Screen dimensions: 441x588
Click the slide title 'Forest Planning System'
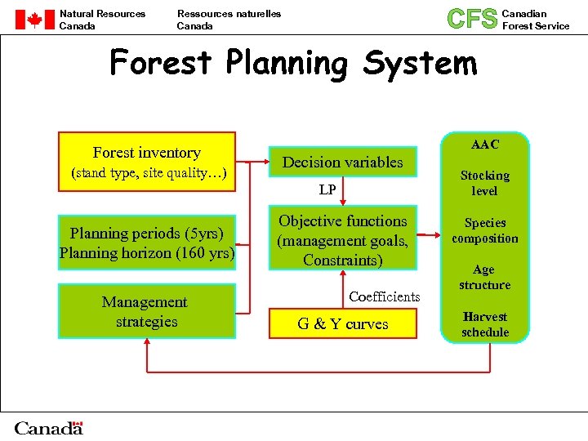(x=293, y=63)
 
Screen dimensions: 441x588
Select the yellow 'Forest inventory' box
(x=147, y=162)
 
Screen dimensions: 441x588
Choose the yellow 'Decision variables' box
(x=342, y=162)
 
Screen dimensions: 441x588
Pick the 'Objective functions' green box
(x=342, y=240)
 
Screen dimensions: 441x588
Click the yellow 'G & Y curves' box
(x=342, y=324)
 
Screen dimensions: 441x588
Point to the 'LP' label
(x=327, y=190)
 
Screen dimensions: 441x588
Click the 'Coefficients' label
(x=384, y=296)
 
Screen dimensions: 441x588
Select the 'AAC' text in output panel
(x=484, y=145)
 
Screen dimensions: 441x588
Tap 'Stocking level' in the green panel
(x=484, y=183)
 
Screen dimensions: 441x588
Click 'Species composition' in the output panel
(x=484, y=230)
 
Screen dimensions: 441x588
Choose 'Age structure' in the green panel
(x=484, y=277)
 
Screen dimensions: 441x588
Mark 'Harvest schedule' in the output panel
(x=484, y=324)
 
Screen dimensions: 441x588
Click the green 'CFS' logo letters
(x=472, y=19)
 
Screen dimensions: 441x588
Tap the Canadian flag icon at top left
(x=33, y=20)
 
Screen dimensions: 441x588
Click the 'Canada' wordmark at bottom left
(x=49, y=428)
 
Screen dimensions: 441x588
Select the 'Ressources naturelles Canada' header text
(x=229, y=20)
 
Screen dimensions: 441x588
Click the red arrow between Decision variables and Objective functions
(x=343, y=193)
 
